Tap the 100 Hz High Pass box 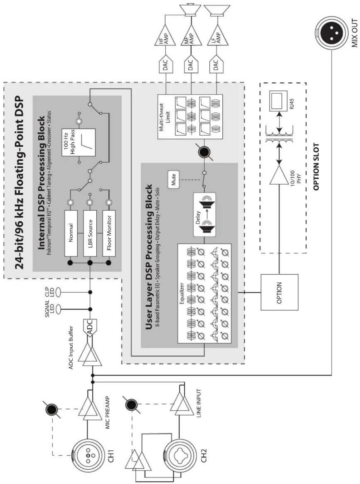79,142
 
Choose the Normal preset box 71,233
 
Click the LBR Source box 90,233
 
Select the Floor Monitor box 109,233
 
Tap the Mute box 173,180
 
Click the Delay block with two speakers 204,214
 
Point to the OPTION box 280,292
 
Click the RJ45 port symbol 276,100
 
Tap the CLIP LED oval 58,292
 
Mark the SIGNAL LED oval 58,309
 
